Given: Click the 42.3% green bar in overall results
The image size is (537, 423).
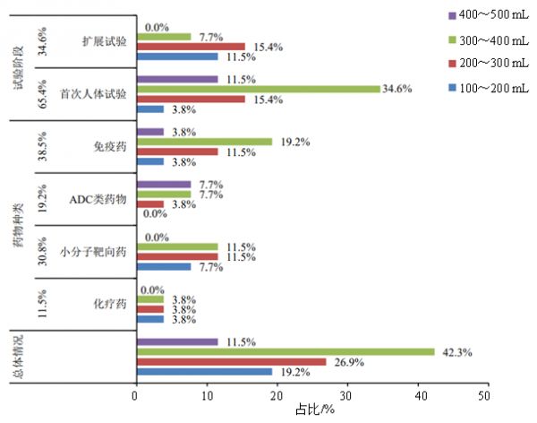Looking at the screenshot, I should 285,351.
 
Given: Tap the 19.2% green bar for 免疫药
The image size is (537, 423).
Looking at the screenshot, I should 203,142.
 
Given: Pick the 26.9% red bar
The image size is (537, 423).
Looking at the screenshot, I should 230,362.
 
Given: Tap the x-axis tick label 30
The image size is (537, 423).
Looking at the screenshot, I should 345,394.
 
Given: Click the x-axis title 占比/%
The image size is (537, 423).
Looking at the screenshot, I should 314,410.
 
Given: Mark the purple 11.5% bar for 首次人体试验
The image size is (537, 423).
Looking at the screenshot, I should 176,79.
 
